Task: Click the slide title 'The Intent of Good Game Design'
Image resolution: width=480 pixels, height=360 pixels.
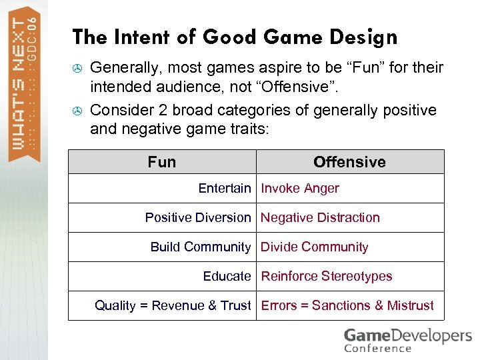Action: point(234,37)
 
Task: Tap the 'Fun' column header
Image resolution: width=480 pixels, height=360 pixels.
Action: point(162,162)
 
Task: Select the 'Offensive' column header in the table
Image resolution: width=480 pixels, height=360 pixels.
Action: point(349,162)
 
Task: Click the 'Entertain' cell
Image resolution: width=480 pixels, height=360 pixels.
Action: point(225,189)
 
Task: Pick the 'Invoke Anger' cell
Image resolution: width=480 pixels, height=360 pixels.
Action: point(300,189)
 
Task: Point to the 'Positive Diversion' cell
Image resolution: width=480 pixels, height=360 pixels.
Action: point(198,218)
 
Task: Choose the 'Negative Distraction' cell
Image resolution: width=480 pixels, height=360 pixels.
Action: point(320,218)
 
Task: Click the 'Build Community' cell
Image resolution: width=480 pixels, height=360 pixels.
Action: point(201,247)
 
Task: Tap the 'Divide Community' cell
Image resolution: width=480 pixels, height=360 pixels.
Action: point(314,247)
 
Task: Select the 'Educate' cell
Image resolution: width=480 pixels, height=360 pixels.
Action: point(227,277)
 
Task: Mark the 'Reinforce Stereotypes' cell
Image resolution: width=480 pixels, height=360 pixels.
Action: point(327,277)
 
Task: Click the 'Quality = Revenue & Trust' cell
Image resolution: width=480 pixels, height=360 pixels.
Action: point(173,306)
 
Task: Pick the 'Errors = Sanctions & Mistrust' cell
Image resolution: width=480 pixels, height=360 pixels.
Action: point(347,306)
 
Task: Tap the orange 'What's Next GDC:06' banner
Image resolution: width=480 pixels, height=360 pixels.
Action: point(25,83)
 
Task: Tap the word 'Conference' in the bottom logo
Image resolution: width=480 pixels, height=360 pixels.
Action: point(377,349)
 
